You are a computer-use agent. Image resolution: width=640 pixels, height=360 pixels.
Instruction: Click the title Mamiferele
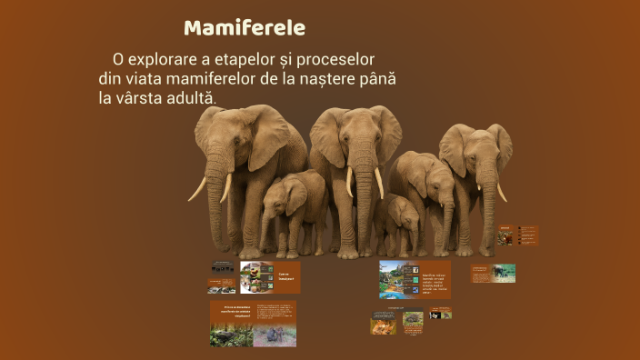(245, 27)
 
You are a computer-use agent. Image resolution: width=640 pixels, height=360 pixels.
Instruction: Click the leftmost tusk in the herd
(197, 189)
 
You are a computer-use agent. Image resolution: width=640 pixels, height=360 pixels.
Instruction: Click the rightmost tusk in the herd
(501, 192)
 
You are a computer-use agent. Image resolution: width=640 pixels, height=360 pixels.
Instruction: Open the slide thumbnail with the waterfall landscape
(398, 279)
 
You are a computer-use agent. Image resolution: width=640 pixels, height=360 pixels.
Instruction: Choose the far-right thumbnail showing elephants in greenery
(493, 273)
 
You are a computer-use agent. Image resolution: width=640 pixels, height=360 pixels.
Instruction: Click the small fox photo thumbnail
(383, 322)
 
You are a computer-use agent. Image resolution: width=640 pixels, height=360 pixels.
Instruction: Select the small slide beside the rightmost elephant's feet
(516, 236)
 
